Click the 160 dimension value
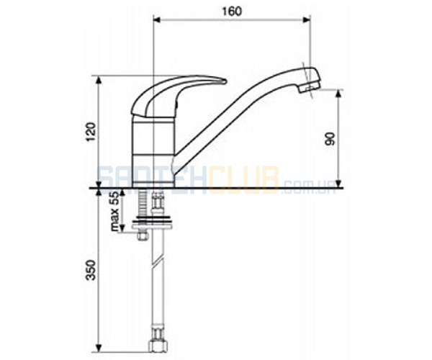[231, 12]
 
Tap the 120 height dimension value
[91, 132]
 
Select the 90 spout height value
[330, 138]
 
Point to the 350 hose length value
[91, 270]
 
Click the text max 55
[115, 210]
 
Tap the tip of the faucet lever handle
[225, 81]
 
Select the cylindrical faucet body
[153, 153]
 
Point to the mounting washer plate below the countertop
[153, 226]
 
